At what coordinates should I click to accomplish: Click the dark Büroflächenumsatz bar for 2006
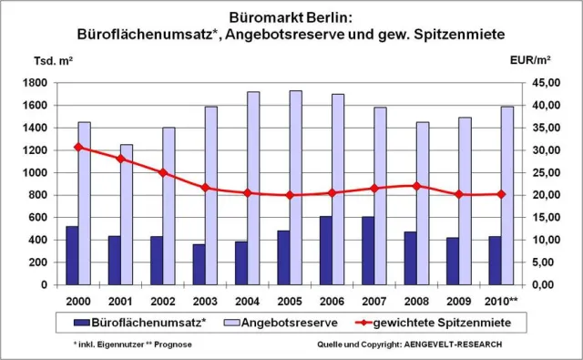click(x=325, y=251)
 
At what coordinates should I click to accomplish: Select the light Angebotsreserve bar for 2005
click(x=295, y=187)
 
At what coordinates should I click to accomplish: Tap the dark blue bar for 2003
click(x=199, y=264)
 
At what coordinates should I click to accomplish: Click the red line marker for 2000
click(x=77, y=147)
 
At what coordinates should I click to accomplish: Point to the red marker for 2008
click(x=415, y=186)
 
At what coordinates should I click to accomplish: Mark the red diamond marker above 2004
click(x=247, y=192)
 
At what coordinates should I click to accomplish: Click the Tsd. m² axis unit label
click(x=54, y=60)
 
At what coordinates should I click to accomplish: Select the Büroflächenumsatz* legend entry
click(x=148, y=322)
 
